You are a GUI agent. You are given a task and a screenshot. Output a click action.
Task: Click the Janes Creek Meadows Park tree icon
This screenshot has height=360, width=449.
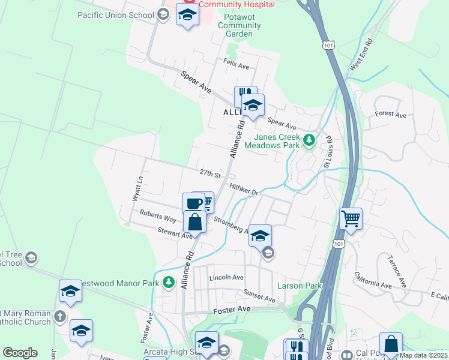coord(309,141)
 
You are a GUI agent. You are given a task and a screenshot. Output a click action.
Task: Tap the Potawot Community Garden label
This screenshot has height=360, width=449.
coord(239,26)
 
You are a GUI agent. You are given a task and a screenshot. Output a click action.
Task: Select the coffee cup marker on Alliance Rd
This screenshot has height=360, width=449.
coord(193,203)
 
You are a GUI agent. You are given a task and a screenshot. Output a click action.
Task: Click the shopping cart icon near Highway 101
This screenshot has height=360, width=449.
coord(351,218)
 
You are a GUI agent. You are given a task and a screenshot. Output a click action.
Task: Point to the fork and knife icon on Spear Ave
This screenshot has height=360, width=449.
coord(244,94)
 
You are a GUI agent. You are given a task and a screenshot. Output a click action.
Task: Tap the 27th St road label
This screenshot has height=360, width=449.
coord(210,173)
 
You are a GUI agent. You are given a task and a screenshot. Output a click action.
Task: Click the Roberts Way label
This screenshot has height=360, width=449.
coord(158,216)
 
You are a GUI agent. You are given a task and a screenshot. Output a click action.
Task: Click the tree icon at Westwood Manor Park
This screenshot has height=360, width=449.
coord(169,282)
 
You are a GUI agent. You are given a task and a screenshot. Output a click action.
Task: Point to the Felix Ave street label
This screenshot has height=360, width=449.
coord(236,65)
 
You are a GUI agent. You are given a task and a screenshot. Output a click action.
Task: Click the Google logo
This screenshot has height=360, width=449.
coord(20,353)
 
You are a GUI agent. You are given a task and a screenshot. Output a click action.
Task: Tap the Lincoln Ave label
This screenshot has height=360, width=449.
coord(226,278)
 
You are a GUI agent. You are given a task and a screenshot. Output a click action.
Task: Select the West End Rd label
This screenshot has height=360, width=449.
coord(360,54)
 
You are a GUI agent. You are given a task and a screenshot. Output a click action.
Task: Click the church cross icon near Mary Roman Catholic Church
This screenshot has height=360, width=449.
coord(59,316)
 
